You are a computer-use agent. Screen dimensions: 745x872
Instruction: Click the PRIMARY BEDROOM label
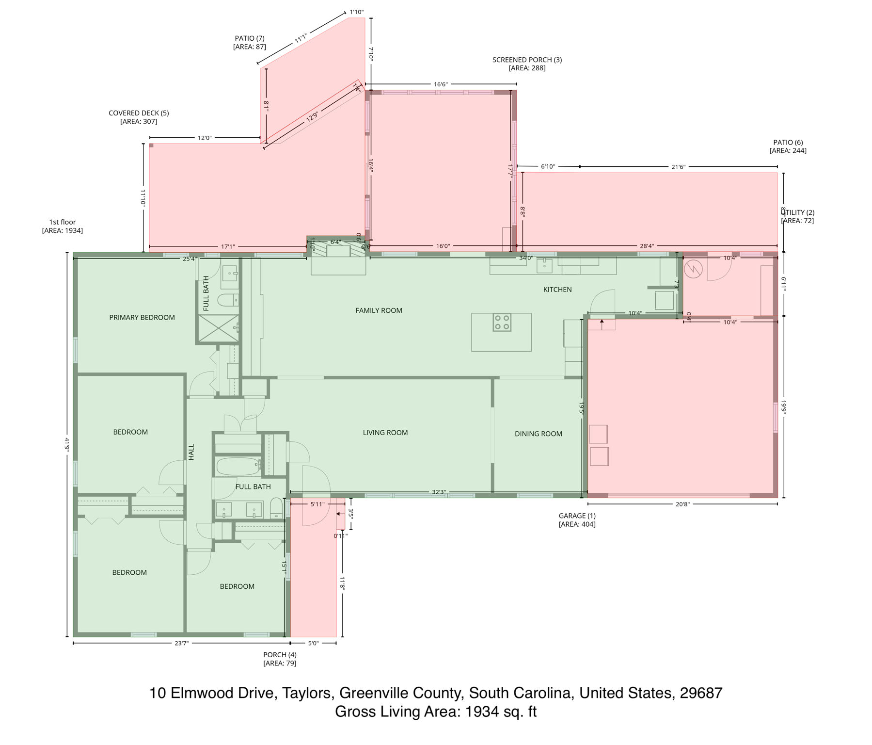coord(142,318)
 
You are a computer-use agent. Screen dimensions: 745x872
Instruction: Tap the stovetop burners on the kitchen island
coord(502,323)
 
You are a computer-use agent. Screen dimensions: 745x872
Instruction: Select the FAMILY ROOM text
coord(379,310)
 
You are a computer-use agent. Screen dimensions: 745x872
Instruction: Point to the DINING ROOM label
coord(538,434)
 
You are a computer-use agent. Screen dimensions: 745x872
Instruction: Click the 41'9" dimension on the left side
coord(67,445)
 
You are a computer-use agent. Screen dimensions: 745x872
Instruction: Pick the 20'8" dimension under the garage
coord(682,504)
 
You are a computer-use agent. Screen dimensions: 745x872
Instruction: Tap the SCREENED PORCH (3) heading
coord(527,60)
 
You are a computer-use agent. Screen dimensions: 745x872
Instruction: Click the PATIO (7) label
coord(250,38)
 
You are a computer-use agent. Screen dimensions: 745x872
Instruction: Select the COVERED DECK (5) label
coord(139,113)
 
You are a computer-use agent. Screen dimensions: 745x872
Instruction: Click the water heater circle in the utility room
coord(693,269)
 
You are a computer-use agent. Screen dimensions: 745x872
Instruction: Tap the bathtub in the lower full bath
coord(238,466)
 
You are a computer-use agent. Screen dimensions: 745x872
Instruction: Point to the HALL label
coord(191,452)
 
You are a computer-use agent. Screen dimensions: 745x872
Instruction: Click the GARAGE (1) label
coord(577,516)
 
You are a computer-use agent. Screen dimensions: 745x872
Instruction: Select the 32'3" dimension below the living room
coord(439,492)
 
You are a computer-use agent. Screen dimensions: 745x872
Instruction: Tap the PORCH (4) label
coord(280,654)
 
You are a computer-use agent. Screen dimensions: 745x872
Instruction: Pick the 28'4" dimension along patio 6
coord(647,246)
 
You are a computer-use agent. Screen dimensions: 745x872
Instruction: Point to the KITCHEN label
coord(557,290)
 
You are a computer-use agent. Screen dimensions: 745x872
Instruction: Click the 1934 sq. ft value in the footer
coord(501,712)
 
